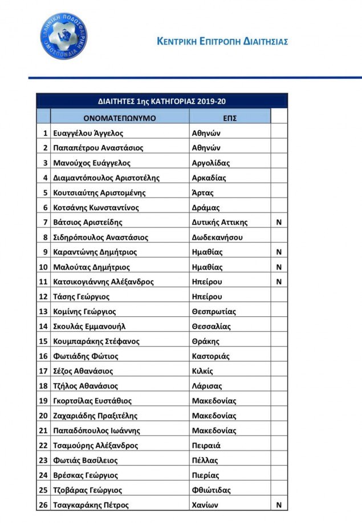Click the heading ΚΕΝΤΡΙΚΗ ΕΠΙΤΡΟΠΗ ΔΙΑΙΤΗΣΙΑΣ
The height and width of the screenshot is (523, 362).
[222, 42]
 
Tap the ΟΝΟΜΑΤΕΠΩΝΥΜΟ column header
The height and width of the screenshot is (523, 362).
[120, 118]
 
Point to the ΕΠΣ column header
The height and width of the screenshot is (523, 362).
[230, 118]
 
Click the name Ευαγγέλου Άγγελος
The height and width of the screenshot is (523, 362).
[88, 133]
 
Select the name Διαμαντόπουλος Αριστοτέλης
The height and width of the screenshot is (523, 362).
[106, 178]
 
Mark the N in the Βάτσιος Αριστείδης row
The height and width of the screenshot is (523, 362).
[279, 222]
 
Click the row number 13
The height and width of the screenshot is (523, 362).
[43, 312]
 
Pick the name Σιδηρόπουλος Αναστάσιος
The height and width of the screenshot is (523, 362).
[100, 237]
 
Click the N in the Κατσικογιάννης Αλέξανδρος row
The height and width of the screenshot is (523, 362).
[279, 281]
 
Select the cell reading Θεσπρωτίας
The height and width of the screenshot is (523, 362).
[214, 312]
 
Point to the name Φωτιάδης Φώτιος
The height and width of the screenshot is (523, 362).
[86, 356]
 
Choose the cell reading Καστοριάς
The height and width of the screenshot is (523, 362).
[211, 356]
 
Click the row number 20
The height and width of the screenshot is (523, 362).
[43, 416]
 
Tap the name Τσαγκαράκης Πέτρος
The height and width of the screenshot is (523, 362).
[91, 505]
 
